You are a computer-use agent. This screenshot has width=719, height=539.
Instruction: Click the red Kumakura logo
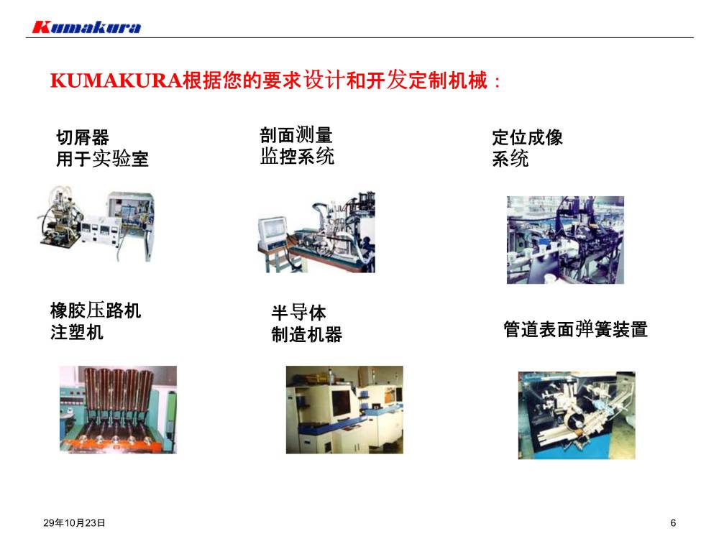point(87,27)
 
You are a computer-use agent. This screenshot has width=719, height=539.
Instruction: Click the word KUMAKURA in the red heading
point(116,80)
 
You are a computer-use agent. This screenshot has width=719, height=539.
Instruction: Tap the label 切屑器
point(83,137)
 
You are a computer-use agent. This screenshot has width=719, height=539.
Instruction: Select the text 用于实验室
point(102,159)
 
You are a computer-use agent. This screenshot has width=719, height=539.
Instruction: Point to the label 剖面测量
point(296,135)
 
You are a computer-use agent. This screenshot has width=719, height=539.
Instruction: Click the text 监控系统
point(297,156)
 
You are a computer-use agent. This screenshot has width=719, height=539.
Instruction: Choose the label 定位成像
point(527,137)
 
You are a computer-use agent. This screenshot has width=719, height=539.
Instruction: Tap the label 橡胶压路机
point(96,310)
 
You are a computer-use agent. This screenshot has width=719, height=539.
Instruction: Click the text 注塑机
point(77,332)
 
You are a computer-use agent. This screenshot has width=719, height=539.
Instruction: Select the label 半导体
point(298,313)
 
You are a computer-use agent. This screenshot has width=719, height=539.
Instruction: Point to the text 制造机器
point(307,334)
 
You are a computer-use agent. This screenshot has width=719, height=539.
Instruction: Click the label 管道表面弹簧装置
point(575,329)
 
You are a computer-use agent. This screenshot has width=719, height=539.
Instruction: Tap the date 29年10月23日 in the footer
point(74,522)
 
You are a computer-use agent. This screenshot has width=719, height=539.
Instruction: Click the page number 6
point(673,522)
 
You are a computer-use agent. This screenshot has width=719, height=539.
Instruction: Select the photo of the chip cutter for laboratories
point(97,224)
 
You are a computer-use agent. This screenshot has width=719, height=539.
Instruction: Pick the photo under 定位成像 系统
point(565,240)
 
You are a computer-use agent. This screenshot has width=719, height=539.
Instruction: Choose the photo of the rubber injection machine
point(119,410)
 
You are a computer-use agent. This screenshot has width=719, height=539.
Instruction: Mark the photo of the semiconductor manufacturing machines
point(345,410)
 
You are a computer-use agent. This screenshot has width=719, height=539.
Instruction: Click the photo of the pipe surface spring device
point(577,415)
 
